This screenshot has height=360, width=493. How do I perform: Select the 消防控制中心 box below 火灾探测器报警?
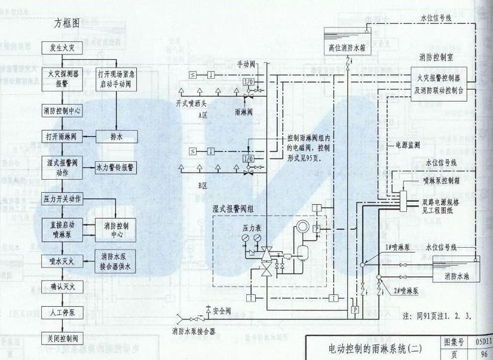(x=63, y=110)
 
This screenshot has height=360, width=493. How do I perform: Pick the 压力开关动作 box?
(x=63, y=198)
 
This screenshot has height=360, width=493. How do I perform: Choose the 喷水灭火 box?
(x=63, y=260)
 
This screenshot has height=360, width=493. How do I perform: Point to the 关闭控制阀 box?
(x=63, y=339)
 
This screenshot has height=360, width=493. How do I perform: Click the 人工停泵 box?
(x=63, y=312)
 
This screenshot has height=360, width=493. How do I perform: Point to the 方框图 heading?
(x=67, y=25)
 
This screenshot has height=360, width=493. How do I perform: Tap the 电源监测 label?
(x=408, y=145)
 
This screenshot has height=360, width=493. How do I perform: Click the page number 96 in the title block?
(x=483, y=353)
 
